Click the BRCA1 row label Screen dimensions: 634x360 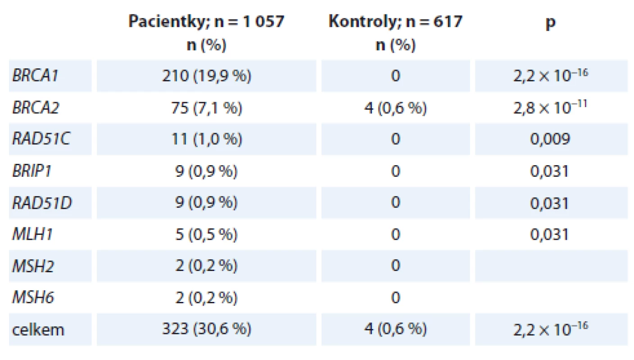pyautogui.click(x=35, y=76)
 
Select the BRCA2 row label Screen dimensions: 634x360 pyautogui.click(x=36, y=108)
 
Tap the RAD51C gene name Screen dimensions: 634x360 pyautogui.click(x=41, y=139)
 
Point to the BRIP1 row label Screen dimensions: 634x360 pyautogui.click(x=32, y=171)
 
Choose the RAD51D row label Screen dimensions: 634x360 pyautogui.click(x=42, y=203)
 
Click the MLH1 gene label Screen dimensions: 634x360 pyautogui.click(x=32, y=234)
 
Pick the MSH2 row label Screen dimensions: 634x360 pyautogui.click(x=33, y=266)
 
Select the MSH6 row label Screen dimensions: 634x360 pyautogui.click(x=33, y=298)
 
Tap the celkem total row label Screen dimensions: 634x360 pyautogui.click(x=38, y=330)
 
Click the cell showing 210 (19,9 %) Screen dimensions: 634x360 pyautogui.click(x=206, y=76)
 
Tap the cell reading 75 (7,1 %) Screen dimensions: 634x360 pyautogui.click(x=206, y=108)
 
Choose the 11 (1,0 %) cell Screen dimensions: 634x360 pyautogui.click(x=206, y=139)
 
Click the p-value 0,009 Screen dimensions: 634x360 pyautogui.click(x=550, y=139)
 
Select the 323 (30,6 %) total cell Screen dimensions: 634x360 pyautogui.click(x=206, y=329)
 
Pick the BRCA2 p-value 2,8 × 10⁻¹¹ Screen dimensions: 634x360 pyautogui.click(x=551, y=107)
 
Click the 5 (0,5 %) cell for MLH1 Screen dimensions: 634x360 pyautogui.click(x=206, y=234)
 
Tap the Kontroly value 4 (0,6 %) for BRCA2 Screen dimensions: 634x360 pyautogui.click(x=395, y=108)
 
